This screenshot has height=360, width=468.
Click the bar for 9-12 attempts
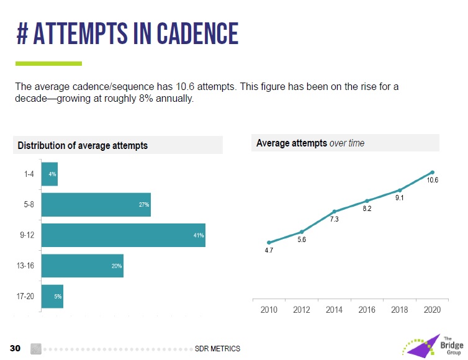point(123,235)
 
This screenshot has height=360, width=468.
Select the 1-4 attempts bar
point(49,174)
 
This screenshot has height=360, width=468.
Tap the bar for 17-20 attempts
point(52,296)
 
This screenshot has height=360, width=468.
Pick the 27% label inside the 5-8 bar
point(144,205)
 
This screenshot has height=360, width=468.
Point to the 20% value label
point(117,266)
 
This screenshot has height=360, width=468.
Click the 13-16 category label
point(25,266)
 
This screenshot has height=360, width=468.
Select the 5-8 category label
point(25,205)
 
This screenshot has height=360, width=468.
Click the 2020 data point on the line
point(432,172)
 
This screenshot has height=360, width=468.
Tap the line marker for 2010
point(269,243)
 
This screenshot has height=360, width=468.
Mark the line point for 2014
point(334,212)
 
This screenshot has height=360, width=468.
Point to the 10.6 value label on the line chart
point(433,180)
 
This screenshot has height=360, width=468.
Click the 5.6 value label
point(302,240)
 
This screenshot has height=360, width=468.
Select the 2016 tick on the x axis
point(367,310)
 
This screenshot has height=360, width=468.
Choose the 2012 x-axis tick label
point(302,310)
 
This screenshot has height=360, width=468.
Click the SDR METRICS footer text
point(217,348)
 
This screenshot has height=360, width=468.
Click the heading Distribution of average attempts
point(83,145)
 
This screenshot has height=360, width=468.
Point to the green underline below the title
point(48,63)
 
